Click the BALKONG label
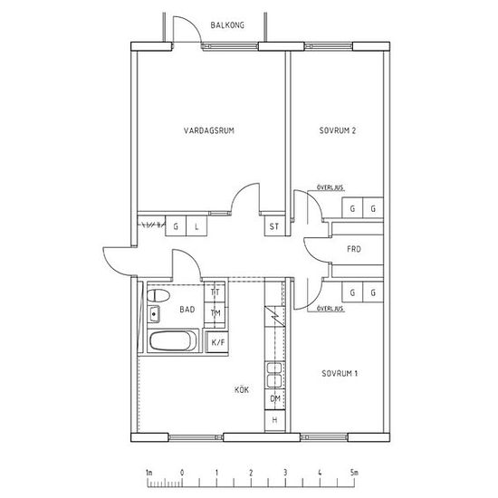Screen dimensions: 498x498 click(227, 25)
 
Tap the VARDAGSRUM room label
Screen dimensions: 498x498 click(209, 130)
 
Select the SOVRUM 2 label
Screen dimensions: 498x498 click(338, 130)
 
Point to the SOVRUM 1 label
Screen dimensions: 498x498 click(340, 373)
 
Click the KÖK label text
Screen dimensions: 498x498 click(242, 389)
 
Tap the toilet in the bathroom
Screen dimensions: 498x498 click(158, 296)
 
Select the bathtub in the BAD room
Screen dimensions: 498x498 click(173, 340)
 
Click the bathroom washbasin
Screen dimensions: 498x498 click(154, 314)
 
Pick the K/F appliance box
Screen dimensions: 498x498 click(217, 342)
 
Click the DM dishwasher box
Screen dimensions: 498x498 click(275, 398)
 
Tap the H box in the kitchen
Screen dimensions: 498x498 click(275, 420)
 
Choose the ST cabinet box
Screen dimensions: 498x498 click(274, 226)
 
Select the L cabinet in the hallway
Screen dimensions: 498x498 click(196, 226)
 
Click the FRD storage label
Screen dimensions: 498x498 click(354, 249)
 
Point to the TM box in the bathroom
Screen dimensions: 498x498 click(215, 313)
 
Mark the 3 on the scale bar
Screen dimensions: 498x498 click(285, 473)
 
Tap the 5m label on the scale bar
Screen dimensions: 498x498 click(354, 473)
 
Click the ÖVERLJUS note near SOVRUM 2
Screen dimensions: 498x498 click(330, 187)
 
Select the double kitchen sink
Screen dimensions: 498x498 click(274, 375)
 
